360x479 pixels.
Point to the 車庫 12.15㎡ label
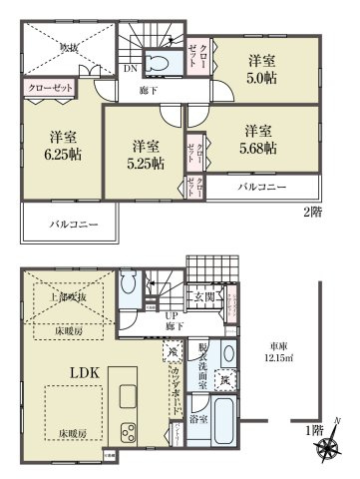click(x=276, y=354)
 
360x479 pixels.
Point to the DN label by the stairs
click(x=130, y=70)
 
